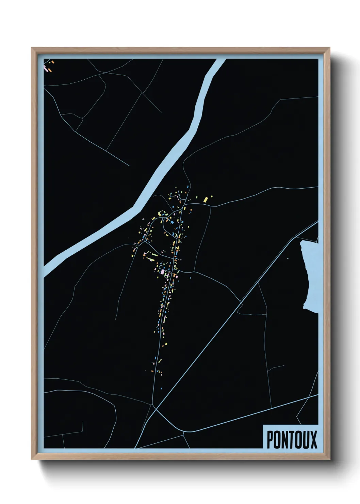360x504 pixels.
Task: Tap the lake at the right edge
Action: [311, 276]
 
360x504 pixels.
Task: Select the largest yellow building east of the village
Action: [205, 199]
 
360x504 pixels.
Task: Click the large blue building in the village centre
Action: [172, 222]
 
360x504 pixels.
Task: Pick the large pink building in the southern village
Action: [162, 271]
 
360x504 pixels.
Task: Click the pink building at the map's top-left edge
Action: [45, 68]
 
